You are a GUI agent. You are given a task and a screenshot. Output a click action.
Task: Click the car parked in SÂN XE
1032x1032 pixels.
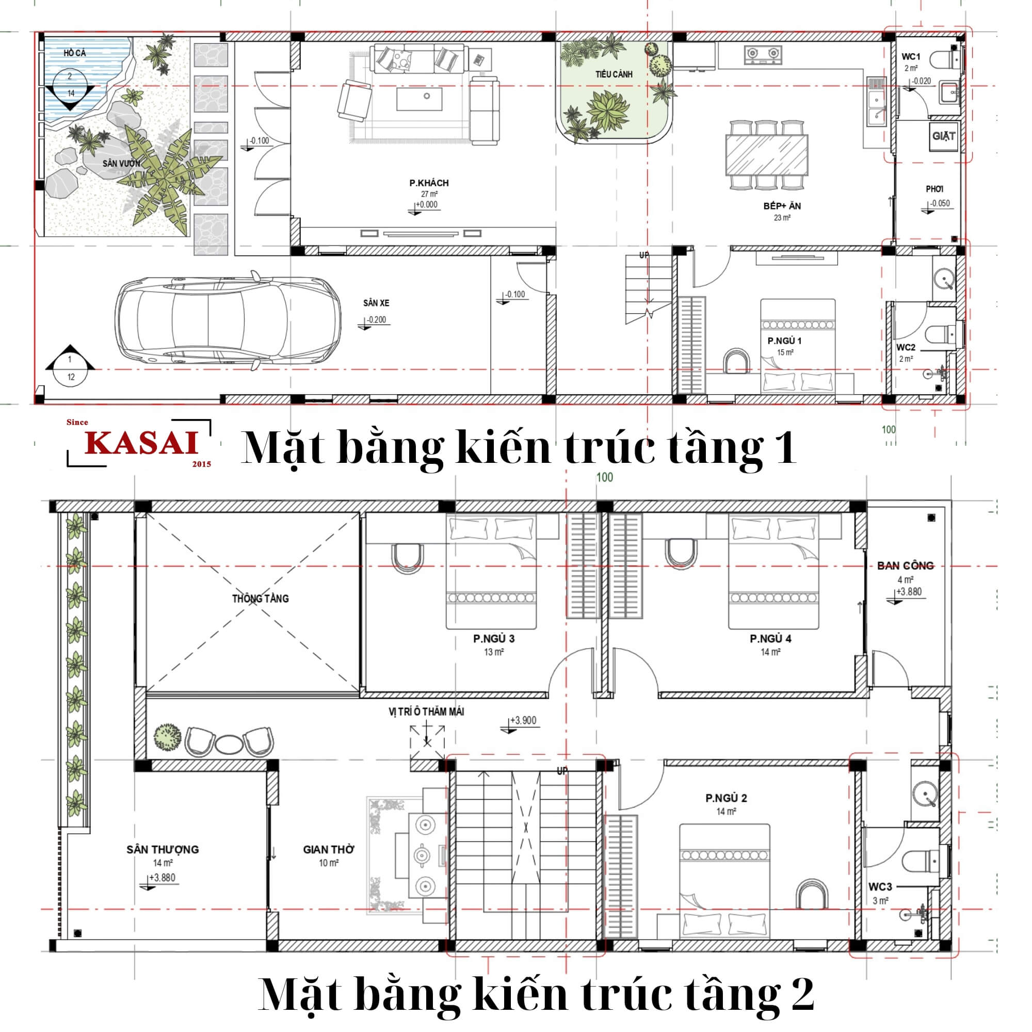pos(228,320)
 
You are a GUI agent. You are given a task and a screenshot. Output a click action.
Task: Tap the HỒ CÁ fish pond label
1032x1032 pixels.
pos(74,53)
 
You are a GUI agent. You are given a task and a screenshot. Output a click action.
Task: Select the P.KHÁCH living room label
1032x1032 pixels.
pos(429,183)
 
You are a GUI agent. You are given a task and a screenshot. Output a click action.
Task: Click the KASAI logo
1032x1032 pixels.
pos(139,443)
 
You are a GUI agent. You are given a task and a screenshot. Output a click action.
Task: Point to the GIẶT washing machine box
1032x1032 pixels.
pos(943,136)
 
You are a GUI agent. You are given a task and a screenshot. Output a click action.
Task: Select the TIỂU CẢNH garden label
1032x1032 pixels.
pos(614,74)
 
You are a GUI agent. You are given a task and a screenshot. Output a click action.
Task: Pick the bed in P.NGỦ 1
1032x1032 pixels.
pos(798,346)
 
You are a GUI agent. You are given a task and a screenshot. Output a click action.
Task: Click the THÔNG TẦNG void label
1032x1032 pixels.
pos(260,598)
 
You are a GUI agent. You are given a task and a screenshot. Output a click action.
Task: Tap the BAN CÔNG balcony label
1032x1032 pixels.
pos(906,565)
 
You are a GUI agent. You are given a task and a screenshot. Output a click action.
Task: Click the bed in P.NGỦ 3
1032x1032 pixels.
pos(491,572)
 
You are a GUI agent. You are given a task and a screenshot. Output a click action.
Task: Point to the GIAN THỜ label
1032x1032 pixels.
pos(329,849)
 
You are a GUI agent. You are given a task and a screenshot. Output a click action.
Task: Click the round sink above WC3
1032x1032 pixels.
pos(925,793)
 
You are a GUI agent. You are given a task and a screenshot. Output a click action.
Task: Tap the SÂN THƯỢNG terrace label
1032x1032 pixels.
pos(163,849)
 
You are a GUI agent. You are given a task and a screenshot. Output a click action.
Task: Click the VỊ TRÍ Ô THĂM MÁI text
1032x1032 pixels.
pos(426,712)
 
